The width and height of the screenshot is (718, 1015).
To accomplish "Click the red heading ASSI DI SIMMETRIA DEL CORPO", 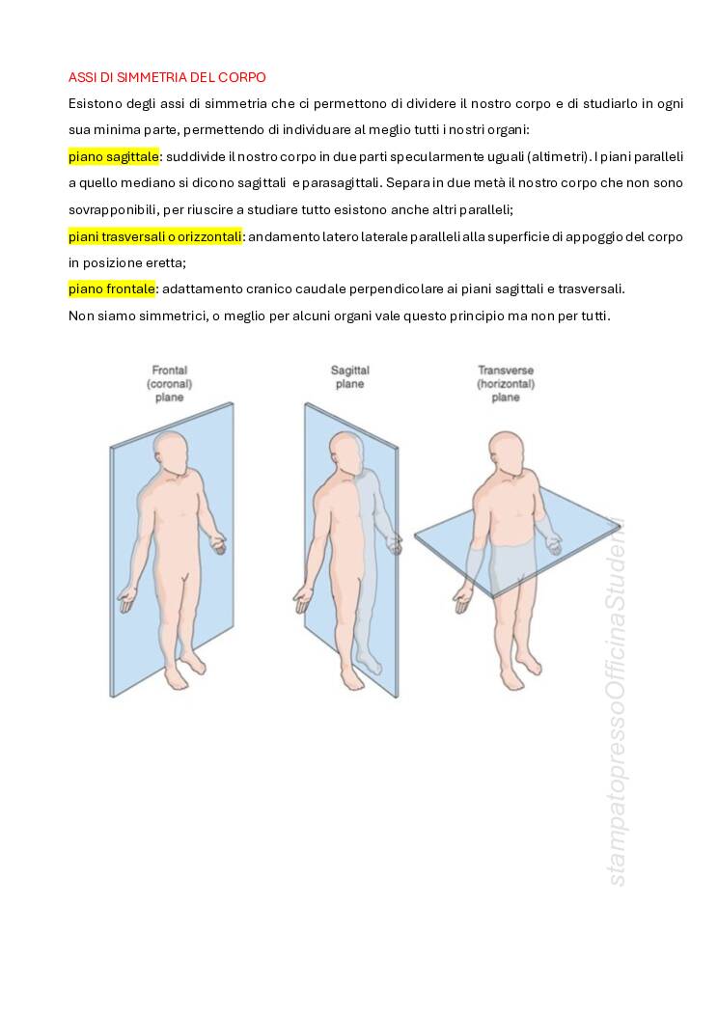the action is pyautogui.click(x=167, y=77).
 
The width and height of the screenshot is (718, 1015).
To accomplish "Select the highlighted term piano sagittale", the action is pyautogui.click(x=113, y=156).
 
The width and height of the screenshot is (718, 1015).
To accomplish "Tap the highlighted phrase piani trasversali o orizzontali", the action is pyautogui.click(x=154, y=237).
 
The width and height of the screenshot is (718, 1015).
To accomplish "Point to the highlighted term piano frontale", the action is pyautogui.click(x=111, y=288).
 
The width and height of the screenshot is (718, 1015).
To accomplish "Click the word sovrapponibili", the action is pyautogui.click(x=112, y=210).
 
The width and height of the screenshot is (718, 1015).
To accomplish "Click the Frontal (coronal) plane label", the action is pyautogui.click(x=170, y=384).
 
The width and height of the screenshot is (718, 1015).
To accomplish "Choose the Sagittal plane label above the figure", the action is pyautogui.click(x=349, y=377).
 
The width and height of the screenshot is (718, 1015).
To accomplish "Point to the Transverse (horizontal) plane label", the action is pyautogui.click(x=506, y=384).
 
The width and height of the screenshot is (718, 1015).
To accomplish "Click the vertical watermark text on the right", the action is pyautogui.click(x=617, y=702).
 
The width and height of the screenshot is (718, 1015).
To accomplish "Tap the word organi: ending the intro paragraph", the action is pyautogui.click(x=509, y=130).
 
